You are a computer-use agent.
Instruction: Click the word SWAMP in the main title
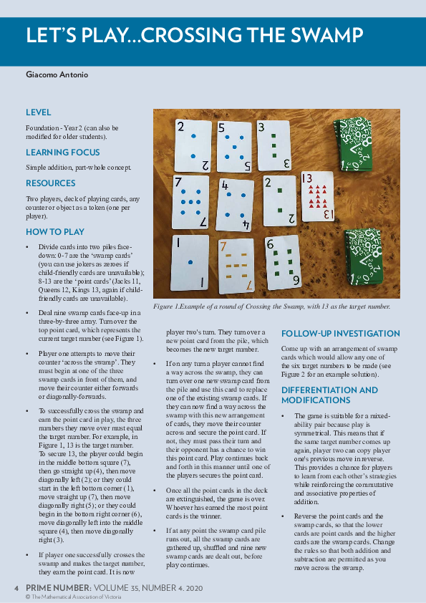click(324, 36)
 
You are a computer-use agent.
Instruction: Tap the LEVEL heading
click(38, 112)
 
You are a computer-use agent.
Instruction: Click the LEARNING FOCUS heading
click(63, 153)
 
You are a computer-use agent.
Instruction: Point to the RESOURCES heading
click(49, 183)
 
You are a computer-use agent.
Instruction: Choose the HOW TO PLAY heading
click(55, 232)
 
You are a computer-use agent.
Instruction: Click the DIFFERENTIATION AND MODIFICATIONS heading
click(329, 395)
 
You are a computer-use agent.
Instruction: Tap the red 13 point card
click(316, 196)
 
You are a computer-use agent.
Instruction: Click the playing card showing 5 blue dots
click(233, 147)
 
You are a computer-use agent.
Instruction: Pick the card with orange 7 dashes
click(236, 266)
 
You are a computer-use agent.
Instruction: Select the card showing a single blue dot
click(189, 262)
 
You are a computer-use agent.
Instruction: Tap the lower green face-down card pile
click(362, 256)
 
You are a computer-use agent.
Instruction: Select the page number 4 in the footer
click(16, 587)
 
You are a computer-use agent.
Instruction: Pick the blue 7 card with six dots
click(190, 202)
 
